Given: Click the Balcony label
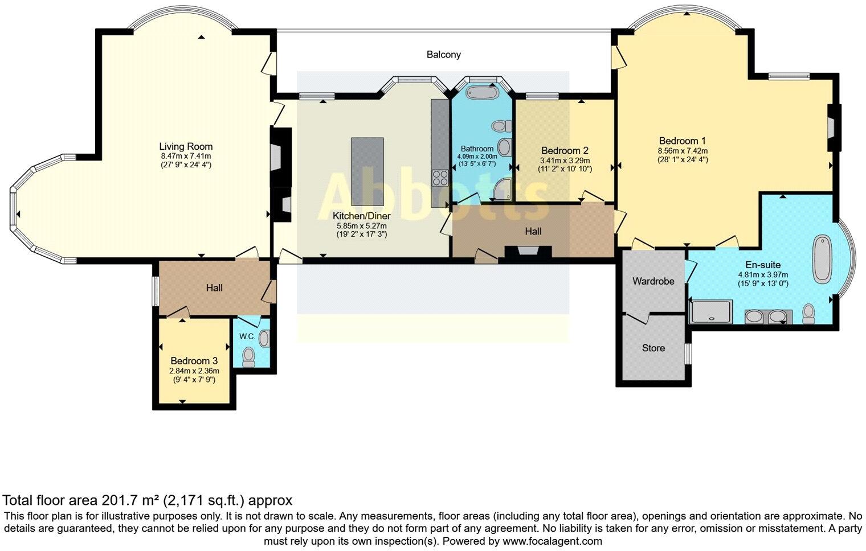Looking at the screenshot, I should [x=443, y=55].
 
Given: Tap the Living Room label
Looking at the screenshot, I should [x=186, y=146].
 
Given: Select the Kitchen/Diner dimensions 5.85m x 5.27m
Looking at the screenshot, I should [x=362, y=225].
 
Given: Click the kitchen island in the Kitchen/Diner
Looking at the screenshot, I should [x=367, y=171].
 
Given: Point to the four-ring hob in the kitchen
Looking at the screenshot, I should [x=440, y=178].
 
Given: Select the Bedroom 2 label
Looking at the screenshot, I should [x=565, y=151].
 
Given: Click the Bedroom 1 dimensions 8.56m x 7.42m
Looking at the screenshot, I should [x=683, y=151].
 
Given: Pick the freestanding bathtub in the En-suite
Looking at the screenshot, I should [x=822, y=259].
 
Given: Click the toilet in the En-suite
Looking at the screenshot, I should [x=808, y=314].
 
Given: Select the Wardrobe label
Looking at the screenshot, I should [x=653, y=281].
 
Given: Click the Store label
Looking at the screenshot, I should [x=653, y=348].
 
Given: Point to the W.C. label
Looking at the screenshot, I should [x=247, y=336].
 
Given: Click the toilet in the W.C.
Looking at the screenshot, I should [x=249, y=357].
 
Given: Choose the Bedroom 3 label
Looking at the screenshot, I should [x=194, y=361].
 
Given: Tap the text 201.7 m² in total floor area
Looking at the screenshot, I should [x=130, y=501].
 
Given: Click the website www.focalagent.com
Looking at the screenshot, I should [x=552, y=541].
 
